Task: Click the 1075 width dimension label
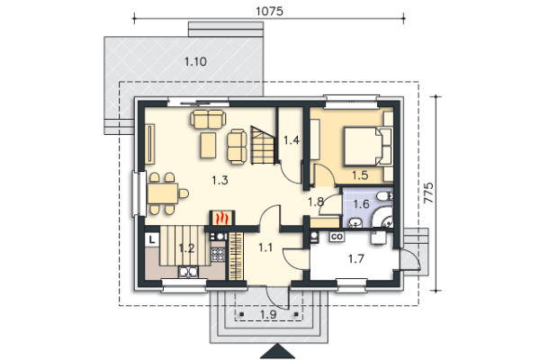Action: (x=269, y=11)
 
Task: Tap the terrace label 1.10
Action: (x=195, y=62)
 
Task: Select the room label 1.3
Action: (x=220, y=180)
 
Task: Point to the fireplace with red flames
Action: (x=222, y=218)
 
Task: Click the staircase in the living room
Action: (x=263, y=145)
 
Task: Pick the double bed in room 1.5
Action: (x=368, y=146)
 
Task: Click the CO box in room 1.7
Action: (x=337, y=237)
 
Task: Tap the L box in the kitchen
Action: (x=152, y=239)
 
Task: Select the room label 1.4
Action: (x=292, y=140)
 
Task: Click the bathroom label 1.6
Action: (x=361, y=204)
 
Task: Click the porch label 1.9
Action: (x=268, y=314)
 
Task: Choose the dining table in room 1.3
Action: (x=163, y=193)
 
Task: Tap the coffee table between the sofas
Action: (x=208, y=145)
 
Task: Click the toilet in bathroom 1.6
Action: (x=384, y=196)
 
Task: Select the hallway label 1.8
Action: (x=316, y=202)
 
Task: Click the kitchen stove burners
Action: (x=217, y=255)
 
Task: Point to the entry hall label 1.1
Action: (x=265, y=247)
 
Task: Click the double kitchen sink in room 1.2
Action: (x=188, y=272)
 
